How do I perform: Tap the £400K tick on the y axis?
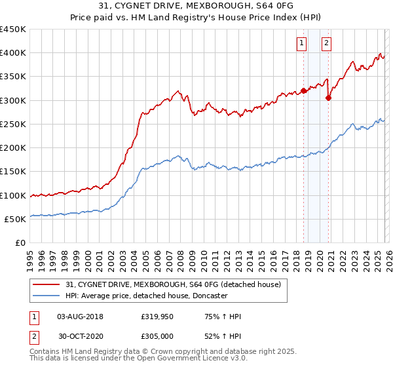13,53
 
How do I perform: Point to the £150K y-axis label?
13,172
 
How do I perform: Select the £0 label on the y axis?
20,243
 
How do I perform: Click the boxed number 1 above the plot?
301,44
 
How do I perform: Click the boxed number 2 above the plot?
326,44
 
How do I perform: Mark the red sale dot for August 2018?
303,91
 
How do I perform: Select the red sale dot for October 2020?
329,98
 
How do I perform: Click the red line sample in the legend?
47,284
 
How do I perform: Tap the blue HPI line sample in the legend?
47,296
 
